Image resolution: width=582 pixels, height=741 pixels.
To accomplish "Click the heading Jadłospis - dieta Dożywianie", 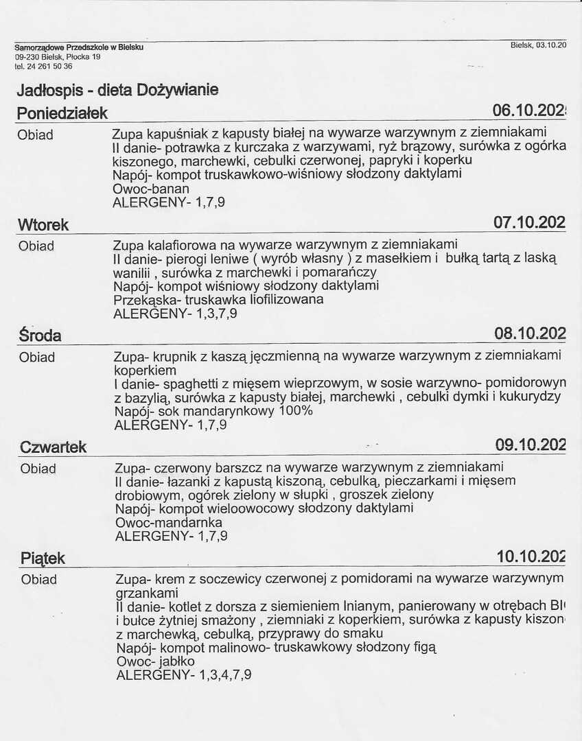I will [117, 90].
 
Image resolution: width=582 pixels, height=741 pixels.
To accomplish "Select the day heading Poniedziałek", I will [62, 113].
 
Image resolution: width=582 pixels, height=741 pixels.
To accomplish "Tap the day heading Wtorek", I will [43, 224].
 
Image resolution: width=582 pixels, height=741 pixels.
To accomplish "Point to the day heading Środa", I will [40, 336].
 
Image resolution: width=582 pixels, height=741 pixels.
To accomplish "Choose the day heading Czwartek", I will [54, 447].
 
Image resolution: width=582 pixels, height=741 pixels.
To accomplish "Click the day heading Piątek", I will [43, 558].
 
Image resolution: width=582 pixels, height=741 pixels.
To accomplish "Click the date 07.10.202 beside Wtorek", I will [529, 222].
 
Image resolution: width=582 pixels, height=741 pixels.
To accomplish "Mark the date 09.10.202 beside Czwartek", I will [531, 445].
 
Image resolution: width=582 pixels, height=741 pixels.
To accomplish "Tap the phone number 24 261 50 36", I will [48, 67].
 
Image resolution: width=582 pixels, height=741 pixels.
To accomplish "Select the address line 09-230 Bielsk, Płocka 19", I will [58, 57].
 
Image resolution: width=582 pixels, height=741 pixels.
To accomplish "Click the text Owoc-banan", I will [150, 188].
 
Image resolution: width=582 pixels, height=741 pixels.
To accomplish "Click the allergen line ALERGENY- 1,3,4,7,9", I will [184, 675].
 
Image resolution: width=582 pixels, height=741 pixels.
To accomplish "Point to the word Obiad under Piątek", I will [38, 580].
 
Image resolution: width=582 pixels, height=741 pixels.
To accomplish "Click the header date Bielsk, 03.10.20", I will [538, 45].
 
